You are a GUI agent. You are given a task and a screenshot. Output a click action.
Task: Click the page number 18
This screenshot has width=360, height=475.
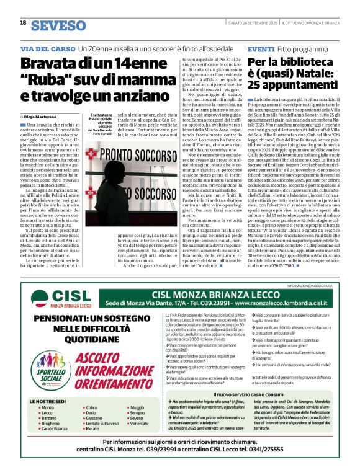pos(23,23)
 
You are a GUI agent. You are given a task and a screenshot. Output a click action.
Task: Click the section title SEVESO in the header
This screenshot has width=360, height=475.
pos(59,26)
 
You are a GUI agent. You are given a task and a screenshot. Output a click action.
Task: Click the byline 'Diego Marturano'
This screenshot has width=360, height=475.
pos(41,117)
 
